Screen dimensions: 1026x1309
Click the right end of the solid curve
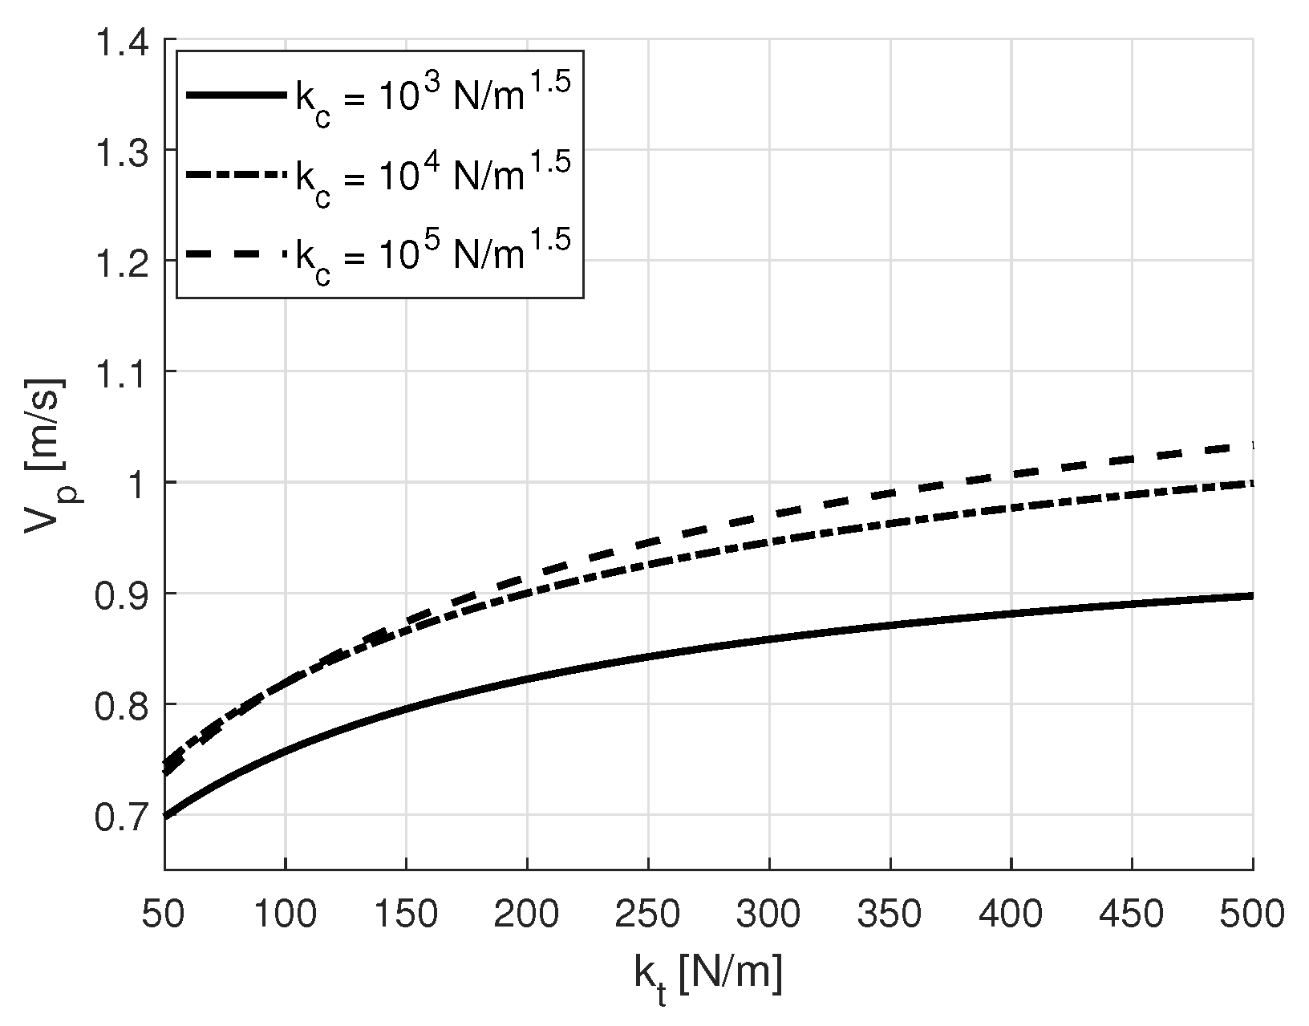[x=1251, y=596]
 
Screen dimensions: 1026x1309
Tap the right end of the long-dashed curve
[x=1251, y=445]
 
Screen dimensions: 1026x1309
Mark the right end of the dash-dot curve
[x=1251, y=483]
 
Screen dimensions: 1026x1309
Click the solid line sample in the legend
[x=236, y=95]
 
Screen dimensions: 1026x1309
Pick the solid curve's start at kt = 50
[x=165, y=816]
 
